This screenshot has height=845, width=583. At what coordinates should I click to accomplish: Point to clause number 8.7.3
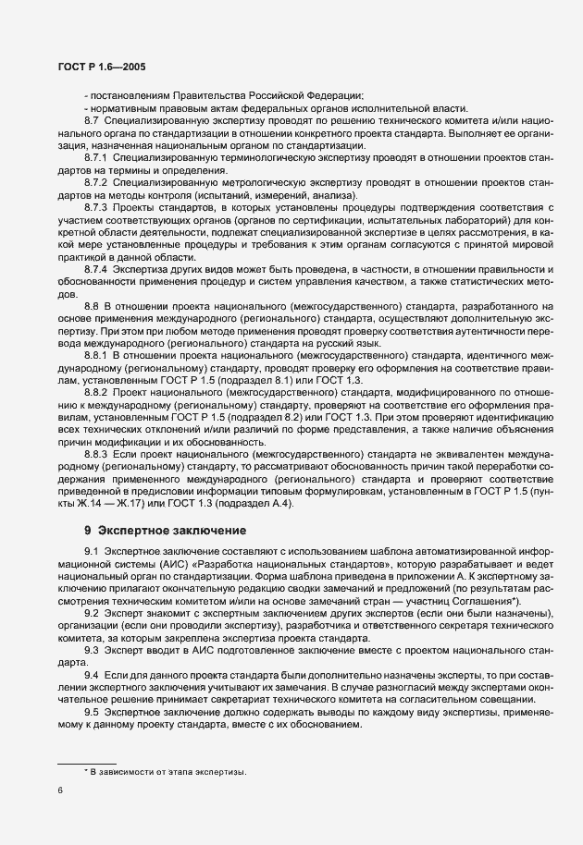pos(95,208)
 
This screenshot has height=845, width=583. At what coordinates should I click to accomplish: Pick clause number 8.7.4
pos(95,268)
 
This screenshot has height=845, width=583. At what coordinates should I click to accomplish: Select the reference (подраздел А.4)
pos(264,501)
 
